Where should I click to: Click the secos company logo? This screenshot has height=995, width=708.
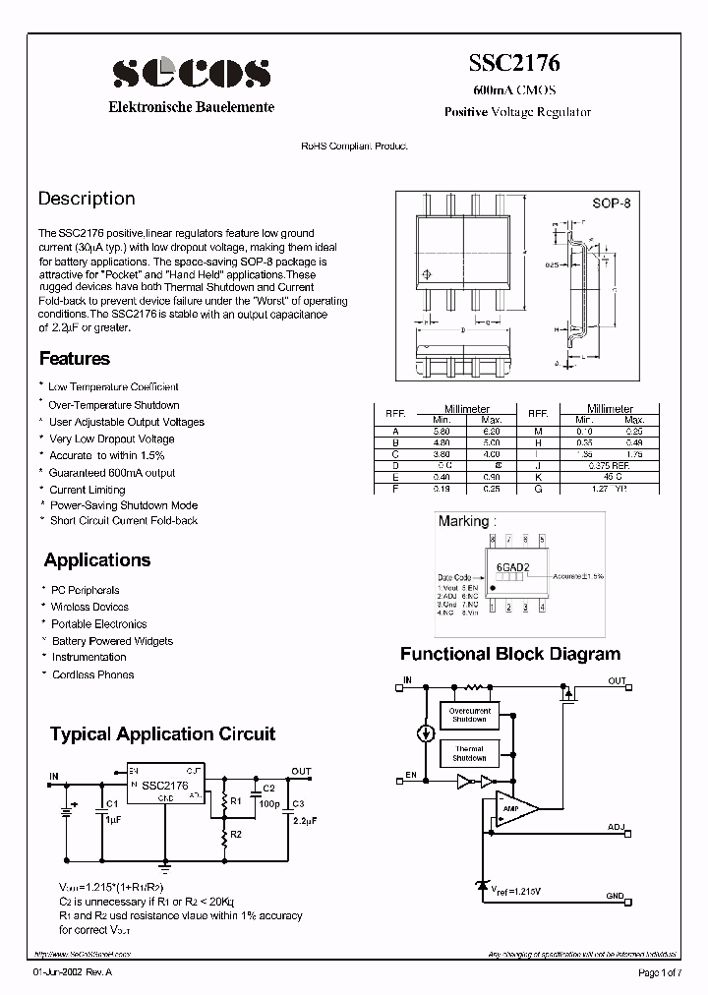[x=191, y=72]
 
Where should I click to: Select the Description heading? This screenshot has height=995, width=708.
[x=87, y=199]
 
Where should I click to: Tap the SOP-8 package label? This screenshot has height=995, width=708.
[x=611, y=204]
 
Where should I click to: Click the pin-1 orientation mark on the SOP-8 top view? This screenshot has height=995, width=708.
[x=426, y=274]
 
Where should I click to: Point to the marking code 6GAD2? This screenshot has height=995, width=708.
[x=512, y=567]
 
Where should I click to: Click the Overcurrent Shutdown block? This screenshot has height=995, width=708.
[x=469, y=715]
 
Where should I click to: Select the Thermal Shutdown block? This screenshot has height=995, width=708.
[x=469, y=753]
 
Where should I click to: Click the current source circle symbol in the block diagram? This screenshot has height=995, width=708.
[x=425, y=733]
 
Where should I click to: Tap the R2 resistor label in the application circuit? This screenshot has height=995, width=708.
[x=236, y=834]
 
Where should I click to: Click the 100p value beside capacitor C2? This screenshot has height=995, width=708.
[x=269, y=803]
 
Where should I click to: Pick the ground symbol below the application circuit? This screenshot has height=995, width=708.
[x=164, y=868]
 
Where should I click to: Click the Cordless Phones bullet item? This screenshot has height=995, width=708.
[x=92, y=674]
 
